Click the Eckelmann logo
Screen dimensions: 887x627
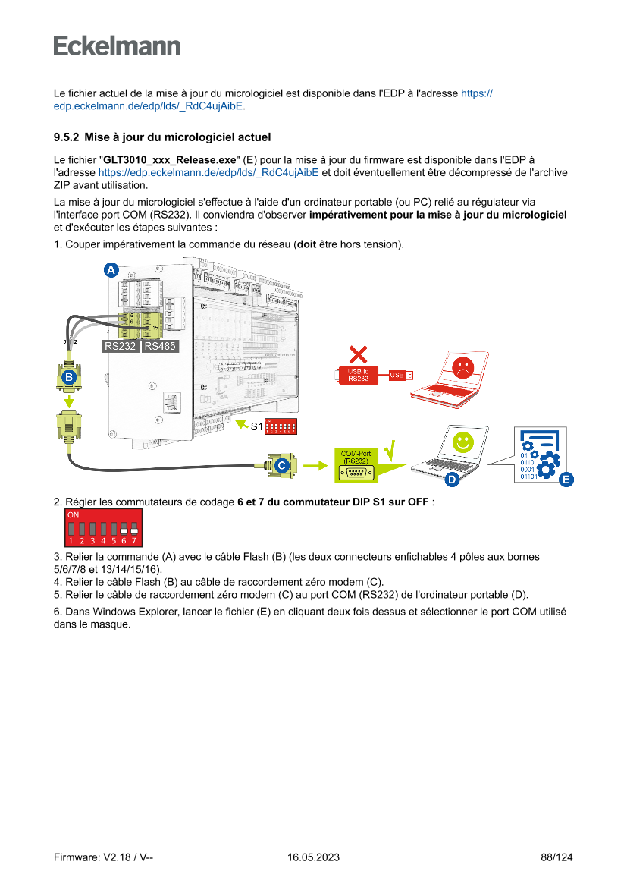point(117,46)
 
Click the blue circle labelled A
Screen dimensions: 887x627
point(111,270)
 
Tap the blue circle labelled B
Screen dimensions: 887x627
point(69,376)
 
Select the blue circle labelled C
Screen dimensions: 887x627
point(281,464)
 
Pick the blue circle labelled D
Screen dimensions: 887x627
point(451,479)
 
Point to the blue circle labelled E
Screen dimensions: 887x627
point(565,479)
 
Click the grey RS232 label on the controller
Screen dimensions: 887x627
point(120,347)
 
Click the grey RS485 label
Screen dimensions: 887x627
point(160,347)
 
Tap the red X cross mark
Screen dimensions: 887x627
point(358,354)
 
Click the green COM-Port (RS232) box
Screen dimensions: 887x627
point(356,464)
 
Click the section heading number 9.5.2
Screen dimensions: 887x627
point(66,137)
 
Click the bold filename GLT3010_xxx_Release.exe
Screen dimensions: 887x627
point(170,160)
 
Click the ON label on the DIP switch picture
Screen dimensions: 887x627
point(74,514)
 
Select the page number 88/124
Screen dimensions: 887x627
point(556,857)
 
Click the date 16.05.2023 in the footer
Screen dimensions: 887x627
point(313,857)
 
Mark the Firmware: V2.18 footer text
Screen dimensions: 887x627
point(104,857)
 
